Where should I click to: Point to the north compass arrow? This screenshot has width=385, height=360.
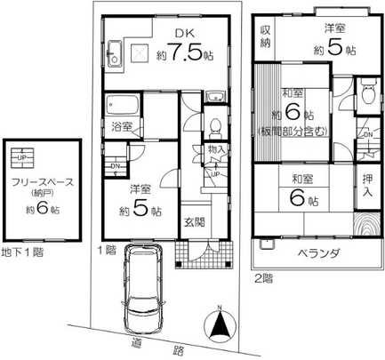point(218,325)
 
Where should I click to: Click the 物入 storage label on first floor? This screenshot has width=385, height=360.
point(214,150)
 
